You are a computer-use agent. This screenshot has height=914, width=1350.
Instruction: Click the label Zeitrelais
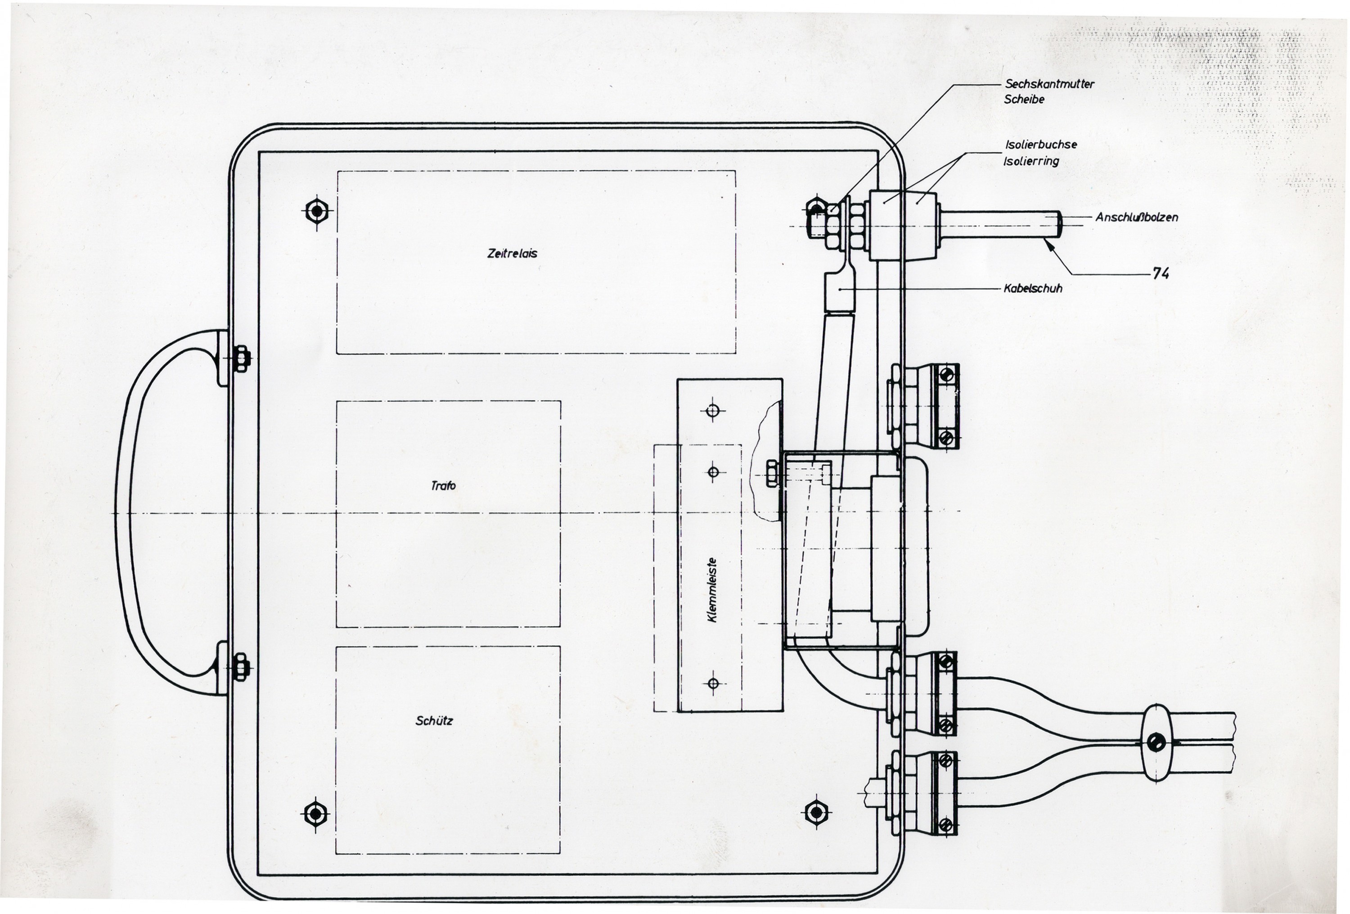512,253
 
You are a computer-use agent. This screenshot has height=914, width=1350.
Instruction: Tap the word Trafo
443,485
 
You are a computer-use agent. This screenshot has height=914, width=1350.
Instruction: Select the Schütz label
434,720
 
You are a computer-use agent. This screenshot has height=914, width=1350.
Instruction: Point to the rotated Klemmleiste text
712,590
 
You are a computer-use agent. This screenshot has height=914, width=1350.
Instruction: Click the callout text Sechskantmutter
1049,84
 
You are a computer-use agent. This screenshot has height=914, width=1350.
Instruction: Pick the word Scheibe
1024,100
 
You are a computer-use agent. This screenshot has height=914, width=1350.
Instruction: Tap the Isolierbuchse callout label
1040,144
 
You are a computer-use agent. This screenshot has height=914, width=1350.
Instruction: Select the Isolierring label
1030,161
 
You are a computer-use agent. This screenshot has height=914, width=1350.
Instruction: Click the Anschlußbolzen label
1136,217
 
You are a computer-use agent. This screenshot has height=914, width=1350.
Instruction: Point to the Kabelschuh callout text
1032,288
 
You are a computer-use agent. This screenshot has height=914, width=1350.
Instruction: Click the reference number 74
1160,274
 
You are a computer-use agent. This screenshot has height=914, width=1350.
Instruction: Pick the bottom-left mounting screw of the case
315,814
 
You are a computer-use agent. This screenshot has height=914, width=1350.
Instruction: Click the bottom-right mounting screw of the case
816,812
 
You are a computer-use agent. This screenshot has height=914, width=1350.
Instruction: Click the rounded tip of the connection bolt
1058,224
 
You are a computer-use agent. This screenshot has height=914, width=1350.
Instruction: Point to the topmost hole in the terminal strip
713,411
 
